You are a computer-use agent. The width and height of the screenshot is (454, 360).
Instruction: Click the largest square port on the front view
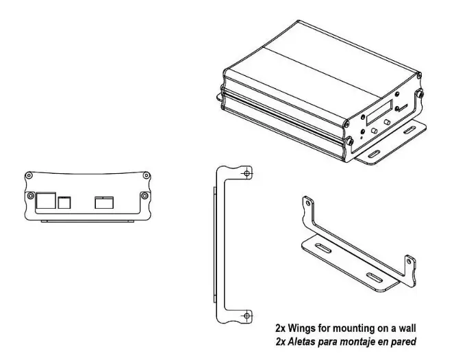pos(45,201)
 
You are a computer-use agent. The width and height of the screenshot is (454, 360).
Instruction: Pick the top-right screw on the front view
pos(144,176)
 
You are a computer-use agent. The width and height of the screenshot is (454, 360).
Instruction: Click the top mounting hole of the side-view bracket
pos(247,172)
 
